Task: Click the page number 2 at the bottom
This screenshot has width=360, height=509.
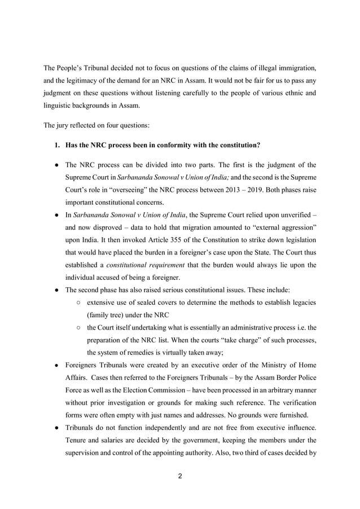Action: [179, 476]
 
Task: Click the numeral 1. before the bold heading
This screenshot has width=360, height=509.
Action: [58, 145]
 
